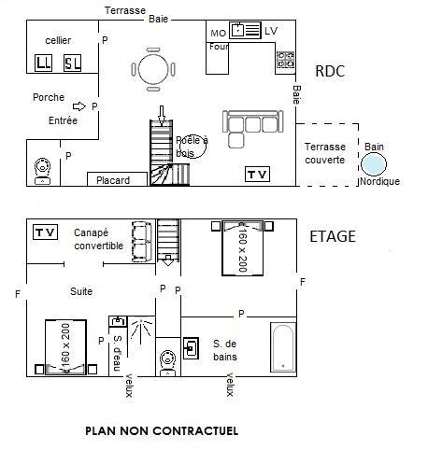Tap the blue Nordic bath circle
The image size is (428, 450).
click(374, 164)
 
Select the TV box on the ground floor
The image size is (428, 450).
click(257, 175)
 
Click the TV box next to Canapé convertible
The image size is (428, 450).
click(45, 232)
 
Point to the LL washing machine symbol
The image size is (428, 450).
click(43, 63)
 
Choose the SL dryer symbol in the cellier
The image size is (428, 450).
click(72, 63)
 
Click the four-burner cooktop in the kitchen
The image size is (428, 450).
click(286, 60)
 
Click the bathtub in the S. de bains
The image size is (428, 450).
click(283, 347)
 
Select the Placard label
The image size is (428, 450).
click(113, 180)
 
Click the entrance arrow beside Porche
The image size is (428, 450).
click(78, 106)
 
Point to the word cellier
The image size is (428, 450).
click(58, 40)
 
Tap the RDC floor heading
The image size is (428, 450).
click(330, 71)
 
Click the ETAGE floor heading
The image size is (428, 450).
click(333, 236)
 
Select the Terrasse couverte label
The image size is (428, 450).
click(325, 153)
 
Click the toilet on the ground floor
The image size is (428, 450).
click(42, 171)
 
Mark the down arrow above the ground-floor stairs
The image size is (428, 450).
click(161, 116)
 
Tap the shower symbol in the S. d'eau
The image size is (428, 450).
click(142, 330)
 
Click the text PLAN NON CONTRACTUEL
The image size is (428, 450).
click(162, 431)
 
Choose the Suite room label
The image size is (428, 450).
click(81, 291)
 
